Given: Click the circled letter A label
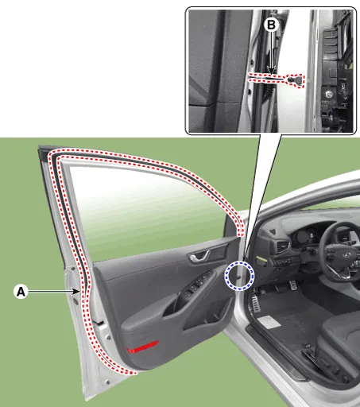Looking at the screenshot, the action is pyautogui.click(x=21, y=292).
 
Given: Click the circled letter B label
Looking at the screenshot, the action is pyautogui.click(x=272, y=25).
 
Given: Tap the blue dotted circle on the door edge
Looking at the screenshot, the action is pyautogui.click(x=239, y=276).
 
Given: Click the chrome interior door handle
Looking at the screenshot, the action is pyautogui.click(x=199, y=256).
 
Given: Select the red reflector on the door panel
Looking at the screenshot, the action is pyautogui.click(x=142, y=347).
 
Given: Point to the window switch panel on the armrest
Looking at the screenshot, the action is pyautogui.click(x=197, y=284).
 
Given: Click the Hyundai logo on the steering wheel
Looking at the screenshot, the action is pyautogui.click(x=346, y=255).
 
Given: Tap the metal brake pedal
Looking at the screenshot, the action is pyautogui.click(x=292, y=285).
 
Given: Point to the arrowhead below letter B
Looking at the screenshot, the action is pyautogui.click(x=271, y=71).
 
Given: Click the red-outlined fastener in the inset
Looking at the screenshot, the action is pyautogui.click(x=296, y=80).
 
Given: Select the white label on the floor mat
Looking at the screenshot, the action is pyautogui.click(x=269, y=322).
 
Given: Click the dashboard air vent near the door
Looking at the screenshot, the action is pyautogui.click(x=283, y=246).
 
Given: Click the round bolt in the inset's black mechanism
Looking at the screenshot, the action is pyautogui.click(x=329, y=94).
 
